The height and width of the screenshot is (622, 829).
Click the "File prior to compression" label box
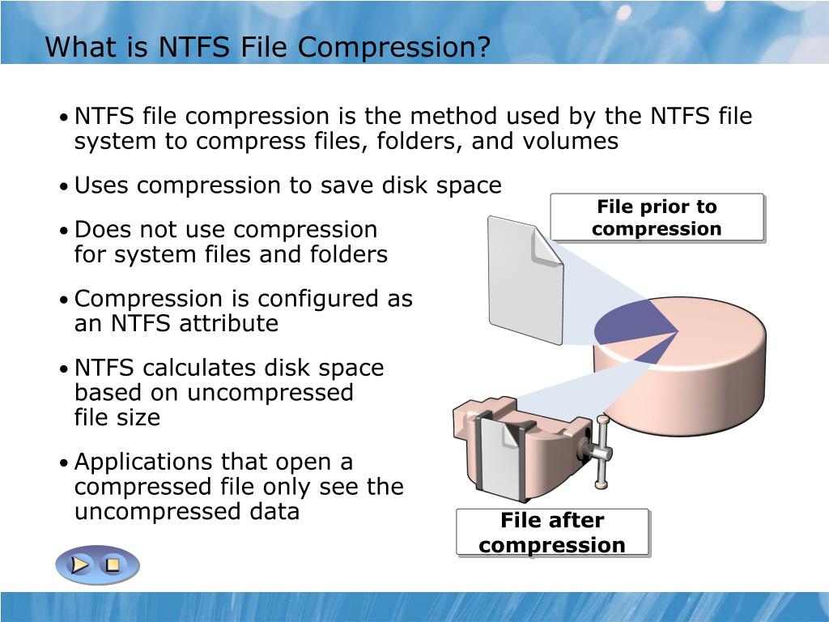657,218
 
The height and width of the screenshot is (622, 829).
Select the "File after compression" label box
552,532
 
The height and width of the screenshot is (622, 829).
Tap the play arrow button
80,564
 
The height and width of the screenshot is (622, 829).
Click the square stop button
113,564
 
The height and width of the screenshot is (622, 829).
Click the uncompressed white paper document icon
525,279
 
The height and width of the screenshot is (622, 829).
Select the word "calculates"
200,368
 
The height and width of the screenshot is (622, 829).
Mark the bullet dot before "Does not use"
63,231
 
